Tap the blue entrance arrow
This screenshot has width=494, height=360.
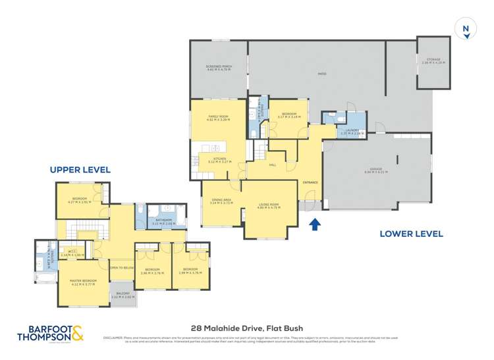315,224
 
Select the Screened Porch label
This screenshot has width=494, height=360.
219,67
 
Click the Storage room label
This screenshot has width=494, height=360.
433,61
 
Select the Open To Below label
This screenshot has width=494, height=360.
122,267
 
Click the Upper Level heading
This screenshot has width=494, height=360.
80,170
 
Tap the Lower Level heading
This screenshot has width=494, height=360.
410,234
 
